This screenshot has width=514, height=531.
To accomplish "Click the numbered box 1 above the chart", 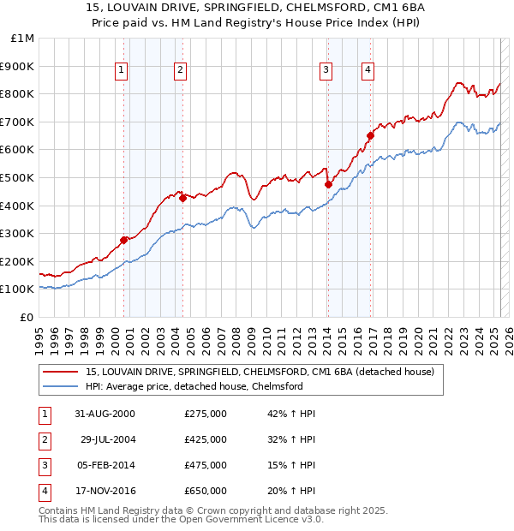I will (x=122, y=71).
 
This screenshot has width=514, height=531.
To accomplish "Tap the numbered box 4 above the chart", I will (x=367, y=71).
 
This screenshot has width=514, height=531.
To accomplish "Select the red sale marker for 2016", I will (x=371, y=135).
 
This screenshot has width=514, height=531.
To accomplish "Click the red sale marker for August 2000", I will (x=124, y=240).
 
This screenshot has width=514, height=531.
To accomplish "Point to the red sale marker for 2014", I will (x=328, y=184).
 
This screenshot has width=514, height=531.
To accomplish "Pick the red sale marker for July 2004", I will (x=183, y=198).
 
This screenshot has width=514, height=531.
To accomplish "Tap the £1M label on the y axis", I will (x=22, y=38).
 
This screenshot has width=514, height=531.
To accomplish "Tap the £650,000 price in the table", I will (x=206, y=492).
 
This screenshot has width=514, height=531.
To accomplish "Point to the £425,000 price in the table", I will (x=206, y=440).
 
